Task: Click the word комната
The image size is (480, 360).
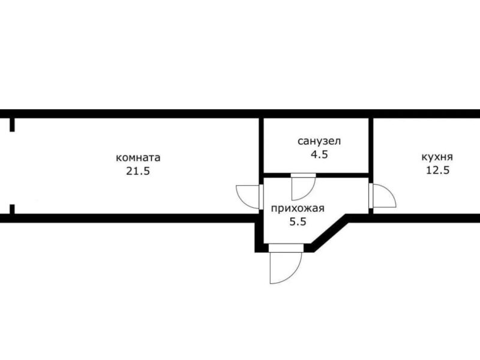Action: (x=138, y=158)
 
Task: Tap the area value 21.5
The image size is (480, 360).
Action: (x=138, y=171)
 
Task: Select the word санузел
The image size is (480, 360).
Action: (x=319, y=141)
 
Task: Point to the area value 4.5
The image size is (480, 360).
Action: (x=319, y=154)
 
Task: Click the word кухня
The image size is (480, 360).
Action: (x=437, y=157)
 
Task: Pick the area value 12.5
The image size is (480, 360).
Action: (x=438, y=170)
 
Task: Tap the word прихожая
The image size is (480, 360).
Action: (x=298, y=209)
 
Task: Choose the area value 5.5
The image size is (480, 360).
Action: (x=298, y=221)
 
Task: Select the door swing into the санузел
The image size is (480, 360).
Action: (x=310, y=193)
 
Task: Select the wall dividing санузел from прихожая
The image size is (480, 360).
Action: (x=316, y=175)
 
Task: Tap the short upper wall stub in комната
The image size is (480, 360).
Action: (x=12, y=125)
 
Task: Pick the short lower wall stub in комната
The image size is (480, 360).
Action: (x=12, y=209)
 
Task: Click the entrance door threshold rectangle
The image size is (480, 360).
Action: (x=286, y=248)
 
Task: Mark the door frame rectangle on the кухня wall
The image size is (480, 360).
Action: (x=371, y=196)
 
